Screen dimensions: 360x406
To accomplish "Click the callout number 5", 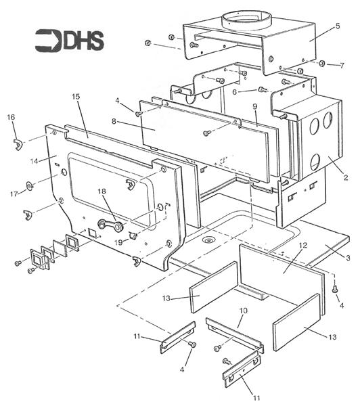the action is click(338, 26).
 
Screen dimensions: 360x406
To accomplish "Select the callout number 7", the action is click(342, 66).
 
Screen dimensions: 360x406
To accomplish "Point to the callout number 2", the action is click(346, 177).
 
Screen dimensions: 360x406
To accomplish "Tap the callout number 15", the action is click(76, 97).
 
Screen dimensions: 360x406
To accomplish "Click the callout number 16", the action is click(11, 117).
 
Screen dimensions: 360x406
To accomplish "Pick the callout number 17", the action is click(14, 194).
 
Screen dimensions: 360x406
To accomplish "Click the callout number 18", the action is click(102, 191).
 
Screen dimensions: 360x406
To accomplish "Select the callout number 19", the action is click(118, 243).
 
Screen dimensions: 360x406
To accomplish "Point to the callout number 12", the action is click(302, 245).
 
